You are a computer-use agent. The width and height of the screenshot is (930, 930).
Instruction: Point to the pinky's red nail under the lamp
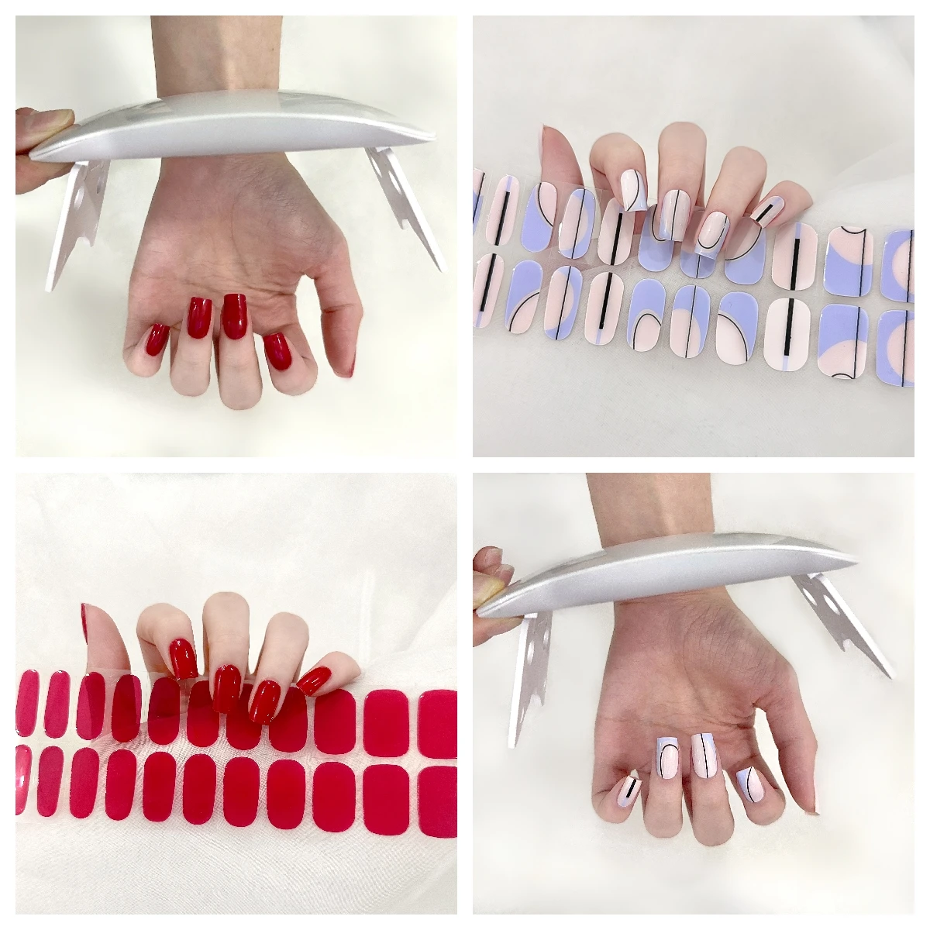[156, 339]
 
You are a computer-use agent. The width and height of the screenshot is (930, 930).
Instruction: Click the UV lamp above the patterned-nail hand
[666, 573]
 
